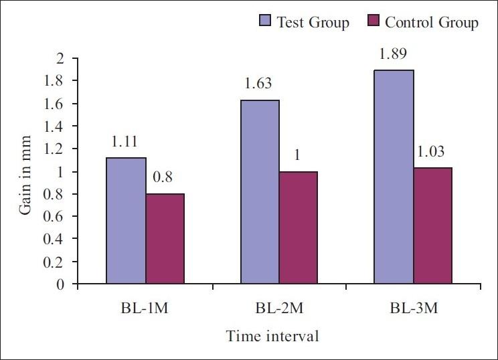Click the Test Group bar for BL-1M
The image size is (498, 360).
tap(127, 221)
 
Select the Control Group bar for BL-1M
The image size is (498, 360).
tap(165, 239)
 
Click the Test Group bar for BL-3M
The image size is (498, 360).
tap(394, 177)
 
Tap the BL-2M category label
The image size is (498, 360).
tap(278, 310)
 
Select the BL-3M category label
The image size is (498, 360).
tap(412, 310)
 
